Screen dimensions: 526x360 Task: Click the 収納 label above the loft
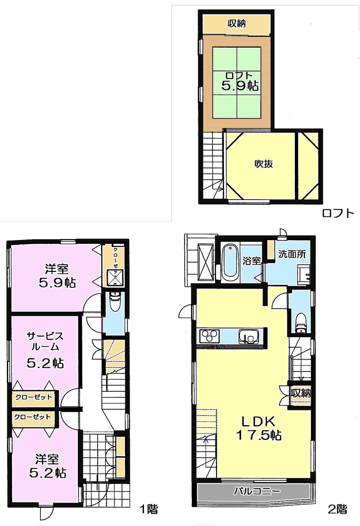tap(236, 24)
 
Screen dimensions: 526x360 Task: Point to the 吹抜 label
tap(264, 164)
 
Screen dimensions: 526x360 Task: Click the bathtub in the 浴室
tap(230, 263)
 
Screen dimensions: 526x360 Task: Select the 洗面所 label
tap(292, 254)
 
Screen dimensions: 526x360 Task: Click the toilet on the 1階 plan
tap(114, 302)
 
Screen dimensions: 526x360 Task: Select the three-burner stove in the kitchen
tap(210, 336)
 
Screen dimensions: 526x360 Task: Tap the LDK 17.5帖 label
tap(258, 428)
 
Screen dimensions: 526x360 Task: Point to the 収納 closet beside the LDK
tap(300, 393)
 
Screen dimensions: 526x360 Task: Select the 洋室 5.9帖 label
tap(57, 276)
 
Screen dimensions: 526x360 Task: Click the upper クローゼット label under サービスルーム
tap(33, 397)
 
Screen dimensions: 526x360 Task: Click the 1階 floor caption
tap(148, 509)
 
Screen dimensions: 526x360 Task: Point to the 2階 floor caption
tap(337, 509)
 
